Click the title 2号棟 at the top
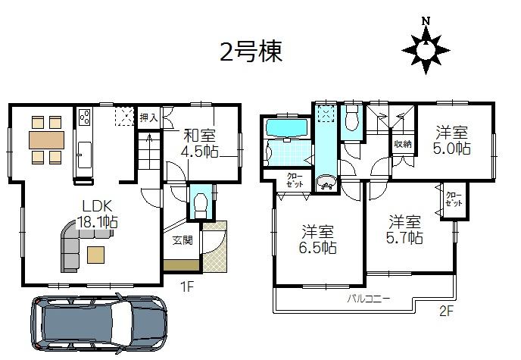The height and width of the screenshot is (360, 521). coord(251,52)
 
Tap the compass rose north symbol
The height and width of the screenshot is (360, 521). coord(426,47)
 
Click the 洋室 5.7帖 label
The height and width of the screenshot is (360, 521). coord(405,230)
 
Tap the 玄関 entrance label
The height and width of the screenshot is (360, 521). coord(183,240)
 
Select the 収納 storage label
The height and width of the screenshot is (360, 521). coord(402,144)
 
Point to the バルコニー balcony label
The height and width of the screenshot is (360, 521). coord(369,299)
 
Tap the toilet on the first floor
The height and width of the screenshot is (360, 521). coord(201,205)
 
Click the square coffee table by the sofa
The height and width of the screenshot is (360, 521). coord(96,254)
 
